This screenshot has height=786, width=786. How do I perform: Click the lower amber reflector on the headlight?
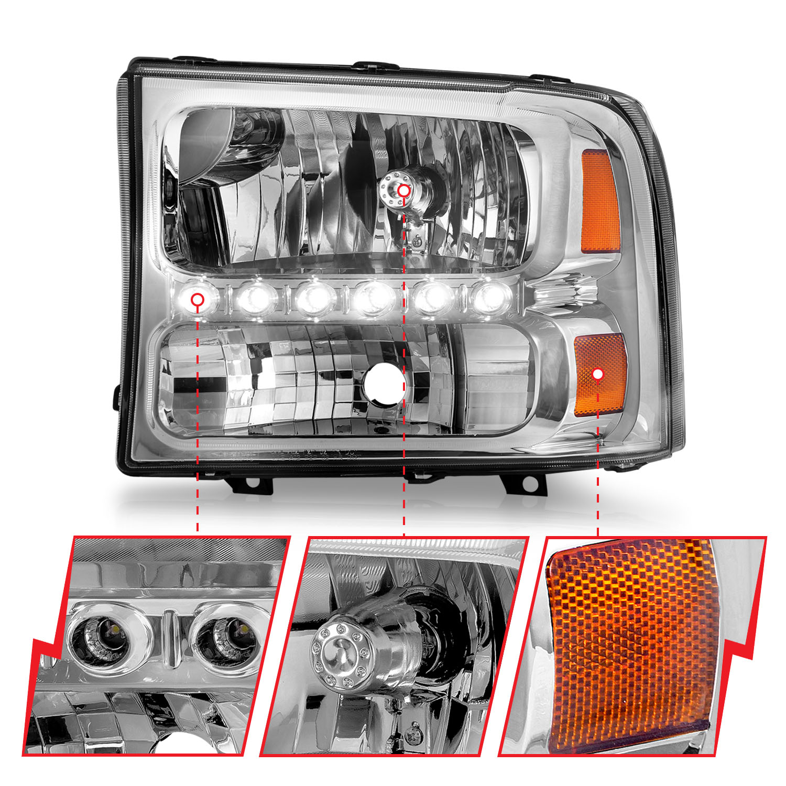click(601, 374)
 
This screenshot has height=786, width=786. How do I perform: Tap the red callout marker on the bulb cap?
click(403, 191)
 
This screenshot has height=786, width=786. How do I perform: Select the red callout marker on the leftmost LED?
click(198, 300)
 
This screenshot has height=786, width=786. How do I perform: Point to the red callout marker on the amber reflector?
click(598, 374)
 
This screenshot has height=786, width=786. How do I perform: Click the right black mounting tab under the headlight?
click(525, 483)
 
